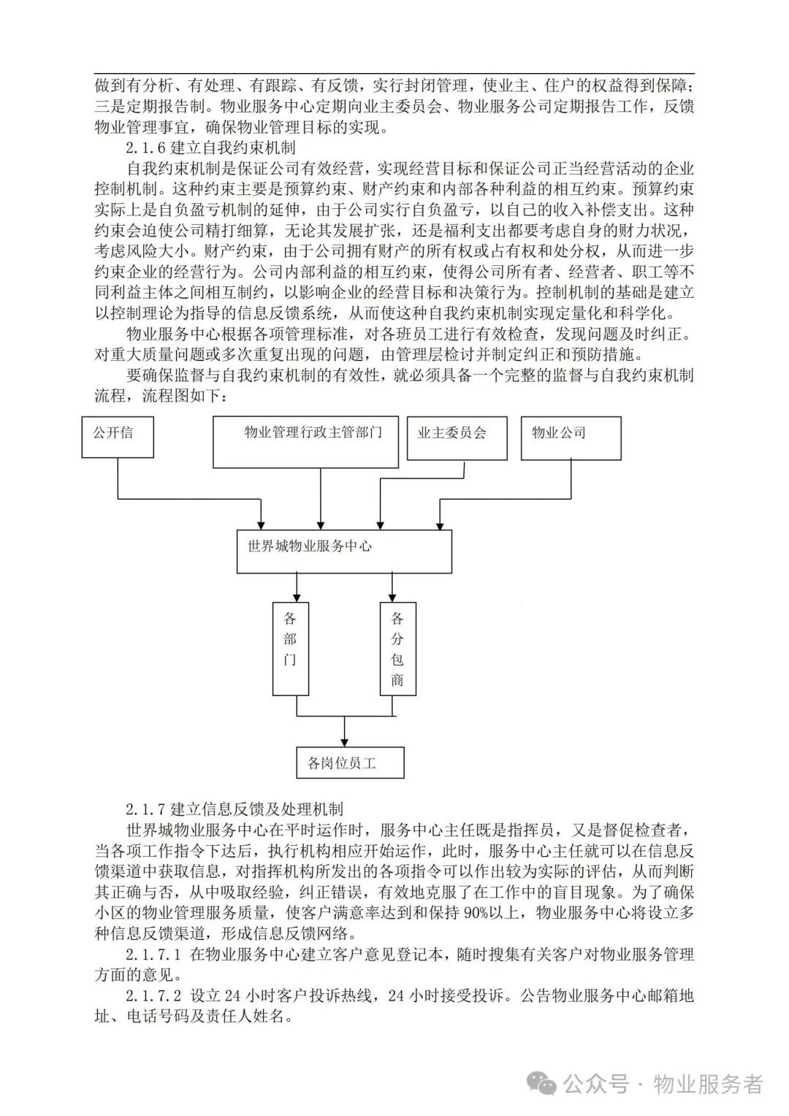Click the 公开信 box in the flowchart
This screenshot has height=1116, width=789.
click(x=118, y=437)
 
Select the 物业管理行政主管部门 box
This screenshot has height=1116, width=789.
click(x=305, y=442)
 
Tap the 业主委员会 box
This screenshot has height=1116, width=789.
click(x=457, y=438)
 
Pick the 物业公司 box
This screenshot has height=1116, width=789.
click(x=571, y=438)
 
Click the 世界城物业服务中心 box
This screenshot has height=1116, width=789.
click(x=344, y=551)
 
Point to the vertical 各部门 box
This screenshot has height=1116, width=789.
click(x=291, y=649)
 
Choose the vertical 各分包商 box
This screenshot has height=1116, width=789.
click(x=398, y=649)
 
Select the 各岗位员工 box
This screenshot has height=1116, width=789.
click(x=350, y=763)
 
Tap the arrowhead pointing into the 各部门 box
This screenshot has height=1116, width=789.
click(x=297, y=597)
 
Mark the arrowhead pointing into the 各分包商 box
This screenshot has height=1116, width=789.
click(x=392, y=597)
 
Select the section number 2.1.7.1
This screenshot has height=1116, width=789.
click(x=152, y=954)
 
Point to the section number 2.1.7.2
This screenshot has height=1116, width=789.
click(x=152, y=995)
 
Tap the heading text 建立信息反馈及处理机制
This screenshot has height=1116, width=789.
click(x=256, y=809)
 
